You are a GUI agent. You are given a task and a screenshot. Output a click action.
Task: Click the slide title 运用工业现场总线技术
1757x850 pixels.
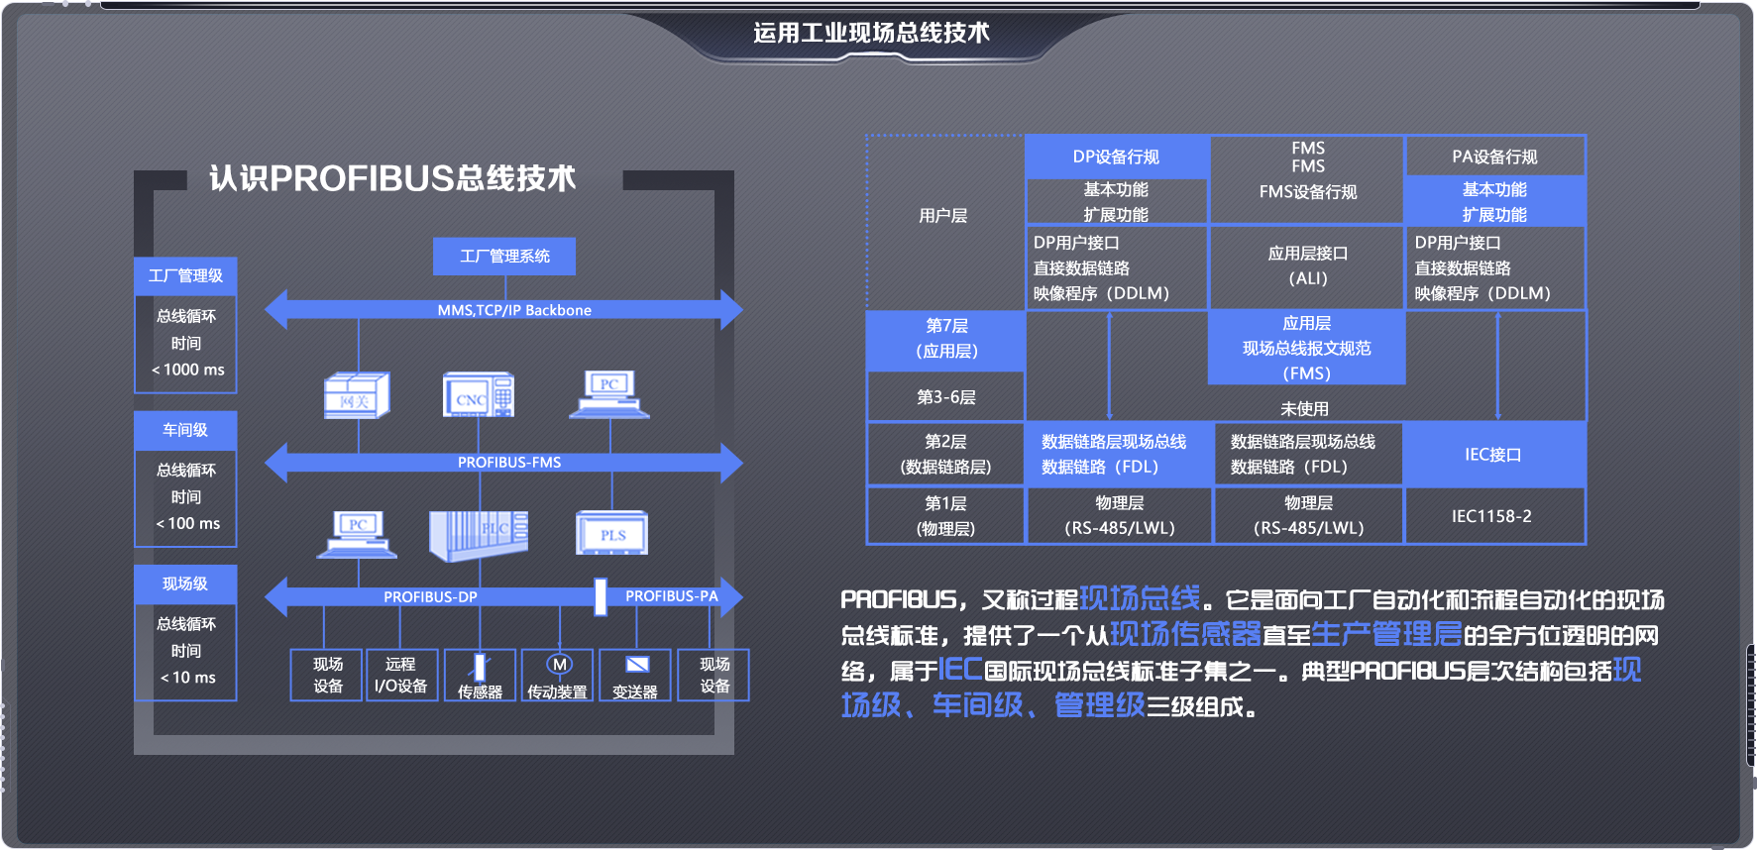click(x=871, y=33)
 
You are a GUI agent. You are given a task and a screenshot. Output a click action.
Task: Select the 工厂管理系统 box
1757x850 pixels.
click(x=504, y=256)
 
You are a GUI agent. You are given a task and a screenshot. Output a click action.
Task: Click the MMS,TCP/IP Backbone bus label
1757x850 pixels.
click(x=513, y=310)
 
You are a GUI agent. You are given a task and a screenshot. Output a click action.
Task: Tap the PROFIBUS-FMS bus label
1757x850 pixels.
click(x=508, y=462)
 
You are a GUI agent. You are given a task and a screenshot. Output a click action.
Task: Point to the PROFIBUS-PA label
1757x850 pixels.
click(x=671, y=595)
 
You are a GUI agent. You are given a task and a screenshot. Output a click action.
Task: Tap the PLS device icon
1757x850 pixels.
click(x=612, y=534)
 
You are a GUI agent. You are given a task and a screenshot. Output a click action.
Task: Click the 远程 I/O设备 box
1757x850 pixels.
click(x=400, y=675)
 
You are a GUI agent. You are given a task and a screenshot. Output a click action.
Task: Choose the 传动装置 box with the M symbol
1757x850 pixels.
click(x=558, y=676)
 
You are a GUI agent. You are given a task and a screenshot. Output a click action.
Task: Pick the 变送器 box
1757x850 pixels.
click(x=635, y=676)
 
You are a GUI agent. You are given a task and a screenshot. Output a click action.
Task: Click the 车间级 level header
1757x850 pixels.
click(x=185, y=430)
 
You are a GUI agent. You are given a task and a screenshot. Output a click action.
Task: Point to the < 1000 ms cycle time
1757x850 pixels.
click(x=188, y=370)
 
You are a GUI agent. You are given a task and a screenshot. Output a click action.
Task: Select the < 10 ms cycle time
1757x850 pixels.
click(x=188, y=678)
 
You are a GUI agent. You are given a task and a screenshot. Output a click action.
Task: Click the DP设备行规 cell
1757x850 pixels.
click(x=1116, y=157)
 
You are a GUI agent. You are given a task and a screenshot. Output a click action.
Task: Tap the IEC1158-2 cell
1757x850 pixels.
click(x=1491, y=516)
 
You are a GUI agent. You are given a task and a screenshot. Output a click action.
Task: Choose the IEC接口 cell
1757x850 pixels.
click(x=1492, y=455)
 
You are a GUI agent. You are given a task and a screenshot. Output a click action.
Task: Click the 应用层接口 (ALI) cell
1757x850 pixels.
click(x=1307, y=266)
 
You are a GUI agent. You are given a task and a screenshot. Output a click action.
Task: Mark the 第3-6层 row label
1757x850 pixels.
click(x=945, y=397)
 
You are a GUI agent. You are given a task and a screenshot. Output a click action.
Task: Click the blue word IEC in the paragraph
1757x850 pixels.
click(x=959, y=670)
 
